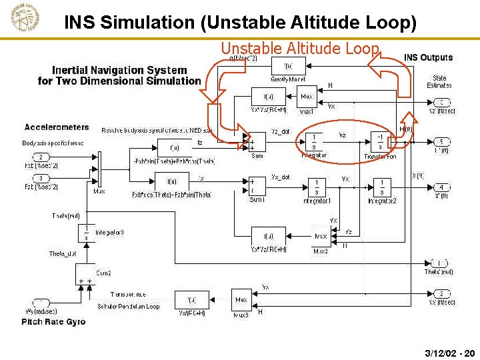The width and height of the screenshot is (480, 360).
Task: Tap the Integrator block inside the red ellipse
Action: [314, 141]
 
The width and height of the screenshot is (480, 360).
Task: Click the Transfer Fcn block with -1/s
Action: [380, 141]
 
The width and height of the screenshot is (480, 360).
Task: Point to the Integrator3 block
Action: [85, 233]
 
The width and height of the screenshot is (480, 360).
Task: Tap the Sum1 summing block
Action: [257, 185]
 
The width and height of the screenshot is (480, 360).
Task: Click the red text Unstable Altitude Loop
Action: [300, 48]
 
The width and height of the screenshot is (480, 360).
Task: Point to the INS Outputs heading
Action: [428, 57]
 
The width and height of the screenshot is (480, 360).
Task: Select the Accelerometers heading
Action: [57, 127]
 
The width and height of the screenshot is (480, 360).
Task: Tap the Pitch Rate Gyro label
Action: [53, 322]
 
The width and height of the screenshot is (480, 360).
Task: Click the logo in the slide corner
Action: [24, 18]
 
